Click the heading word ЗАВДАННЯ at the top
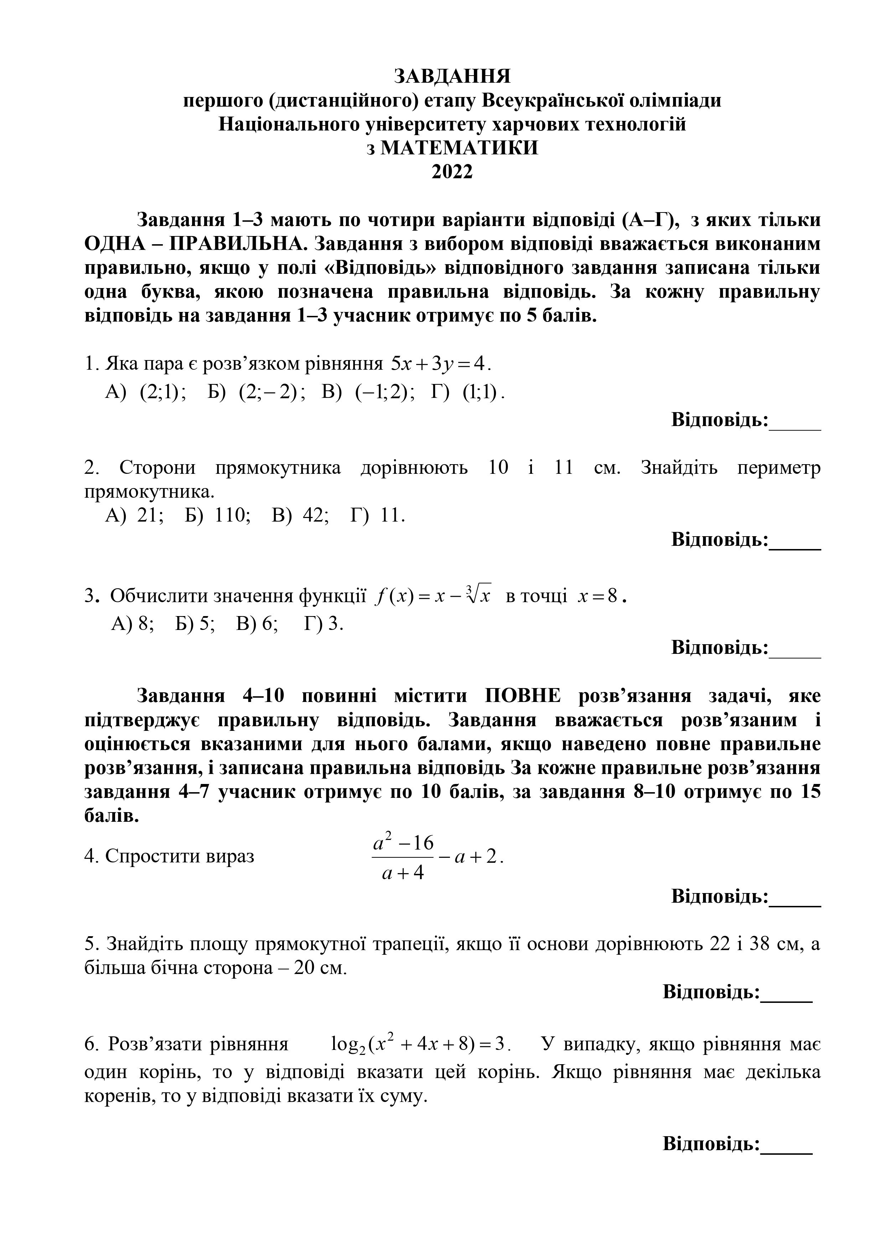[x=452, y=76]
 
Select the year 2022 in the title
[x=452, y=172]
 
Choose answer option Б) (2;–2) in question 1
[x=256, y=392]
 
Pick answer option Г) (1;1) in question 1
[x=467, y=392]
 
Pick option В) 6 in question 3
[x=257, y=623]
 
